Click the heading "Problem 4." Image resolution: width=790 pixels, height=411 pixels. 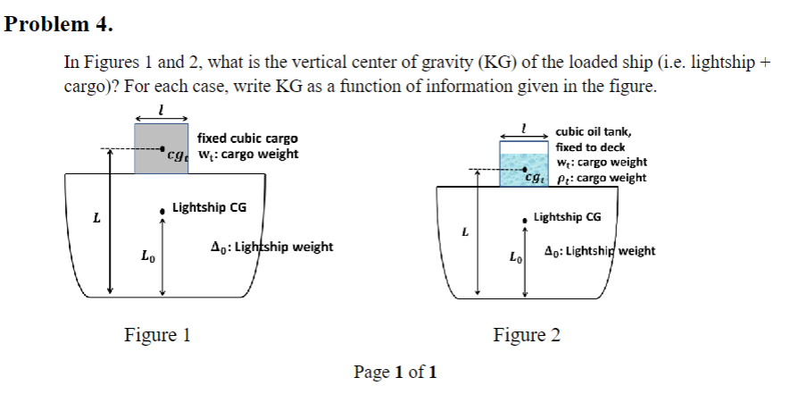point(58,24)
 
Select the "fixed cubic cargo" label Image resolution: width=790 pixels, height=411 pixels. point(247,138)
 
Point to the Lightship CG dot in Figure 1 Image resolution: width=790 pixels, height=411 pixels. point(162,212)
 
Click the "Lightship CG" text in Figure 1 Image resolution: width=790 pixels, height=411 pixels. point(209,208)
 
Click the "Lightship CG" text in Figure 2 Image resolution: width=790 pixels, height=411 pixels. point(567,217)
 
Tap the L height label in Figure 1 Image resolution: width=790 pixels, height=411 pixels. point(96,217)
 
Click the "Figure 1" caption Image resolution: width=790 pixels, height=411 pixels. point(157,335)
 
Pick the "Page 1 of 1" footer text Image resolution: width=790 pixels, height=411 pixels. point(395,371)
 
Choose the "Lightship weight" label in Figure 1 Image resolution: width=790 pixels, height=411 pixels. point(272,247)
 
